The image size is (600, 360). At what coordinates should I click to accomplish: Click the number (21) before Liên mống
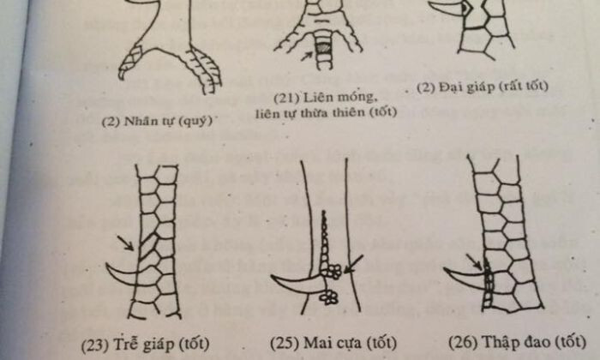pyautogui.click(x=290, y=94)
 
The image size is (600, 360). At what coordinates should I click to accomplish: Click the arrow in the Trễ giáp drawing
pyautogui.click(x=125, y=243)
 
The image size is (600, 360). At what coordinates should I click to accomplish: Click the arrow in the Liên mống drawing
pyautogui.click(x=308, y=54)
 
